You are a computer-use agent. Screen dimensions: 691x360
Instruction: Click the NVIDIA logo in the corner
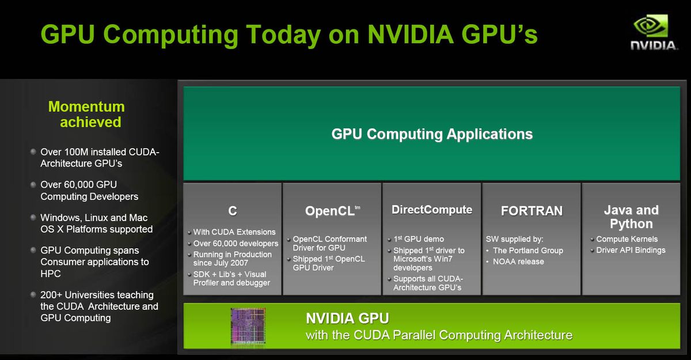(x=654, y=32)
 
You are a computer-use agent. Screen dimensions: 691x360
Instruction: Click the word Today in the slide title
(x=283, y=35)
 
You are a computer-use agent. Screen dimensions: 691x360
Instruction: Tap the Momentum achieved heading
(x=87, y=114)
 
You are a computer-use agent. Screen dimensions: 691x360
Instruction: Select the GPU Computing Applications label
(x=432, y=134)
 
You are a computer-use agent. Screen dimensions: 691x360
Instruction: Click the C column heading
(x=233, y=211)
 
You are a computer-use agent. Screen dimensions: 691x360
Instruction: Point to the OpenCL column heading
(x=333, y=211)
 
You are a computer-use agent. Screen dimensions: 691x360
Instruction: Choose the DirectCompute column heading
(x=432, y=210)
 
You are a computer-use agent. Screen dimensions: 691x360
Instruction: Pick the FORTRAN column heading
(x=531, y=211)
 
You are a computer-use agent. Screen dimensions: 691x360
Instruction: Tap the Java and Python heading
(x=631, y=217)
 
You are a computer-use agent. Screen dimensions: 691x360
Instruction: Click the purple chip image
(x=248, y=326)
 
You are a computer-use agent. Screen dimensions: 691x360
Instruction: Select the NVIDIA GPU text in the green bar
(x=347, y=319)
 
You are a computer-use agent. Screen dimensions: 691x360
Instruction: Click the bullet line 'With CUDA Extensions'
(x=234, y=232)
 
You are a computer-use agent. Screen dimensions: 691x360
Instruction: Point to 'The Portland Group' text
(x=528, y=251)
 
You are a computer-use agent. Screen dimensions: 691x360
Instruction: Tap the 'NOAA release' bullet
(x=518, y=262)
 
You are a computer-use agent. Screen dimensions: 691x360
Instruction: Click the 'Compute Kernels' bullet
(x=627, y=239)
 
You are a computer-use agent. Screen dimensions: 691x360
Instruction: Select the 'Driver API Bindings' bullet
(x=631, y=250)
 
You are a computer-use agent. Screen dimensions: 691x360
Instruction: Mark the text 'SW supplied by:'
(x=515, y=239)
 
